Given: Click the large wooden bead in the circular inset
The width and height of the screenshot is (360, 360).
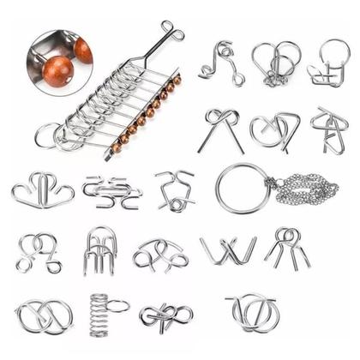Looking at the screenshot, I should tap(58, 70).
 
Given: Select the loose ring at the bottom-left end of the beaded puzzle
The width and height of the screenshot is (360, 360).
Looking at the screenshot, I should tap(47, 136).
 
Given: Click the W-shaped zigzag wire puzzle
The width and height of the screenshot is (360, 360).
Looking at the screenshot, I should tap(228, 250).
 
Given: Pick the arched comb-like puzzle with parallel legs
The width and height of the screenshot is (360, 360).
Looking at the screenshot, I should tap(100, 249).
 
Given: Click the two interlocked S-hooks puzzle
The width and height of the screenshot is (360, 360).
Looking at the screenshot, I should tap(111, 190).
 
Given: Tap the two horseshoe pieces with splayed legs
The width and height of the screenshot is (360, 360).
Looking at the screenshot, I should tap(286, 246).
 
